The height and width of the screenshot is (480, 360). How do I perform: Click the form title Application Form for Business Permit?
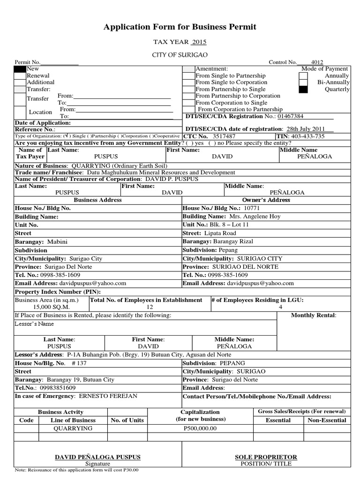[180, 27]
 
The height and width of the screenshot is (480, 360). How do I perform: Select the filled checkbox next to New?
[20, 69]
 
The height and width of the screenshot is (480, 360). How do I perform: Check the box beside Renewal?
[20, 75]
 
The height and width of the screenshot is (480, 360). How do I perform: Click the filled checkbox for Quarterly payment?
[303, 89]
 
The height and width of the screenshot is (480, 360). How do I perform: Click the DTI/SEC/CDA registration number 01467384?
[291, 116]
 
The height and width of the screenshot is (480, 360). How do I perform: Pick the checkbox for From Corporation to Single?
[188, 103]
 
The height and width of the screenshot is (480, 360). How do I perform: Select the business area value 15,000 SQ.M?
[44, 307]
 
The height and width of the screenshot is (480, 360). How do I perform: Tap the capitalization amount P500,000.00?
[201, 428]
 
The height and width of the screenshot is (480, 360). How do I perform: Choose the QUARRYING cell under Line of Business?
[73, 428]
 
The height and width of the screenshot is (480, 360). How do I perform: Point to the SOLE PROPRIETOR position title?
[266, 457]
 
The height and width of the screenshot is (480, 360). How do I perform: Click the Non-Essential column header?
[327, 420]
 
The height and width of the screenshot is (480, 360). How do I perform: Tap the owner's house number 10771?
[251, 208]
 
